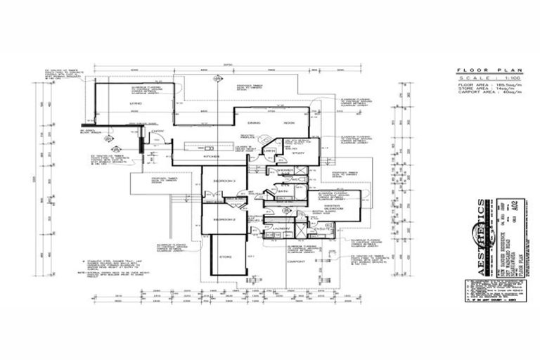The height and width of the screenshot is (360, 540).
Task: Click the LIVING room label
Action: coord(135,104)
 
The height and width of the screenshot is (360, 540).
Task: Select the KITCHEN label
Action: coord(212,156)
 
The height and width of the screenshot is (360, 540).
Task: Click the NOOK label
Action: coord(289,123)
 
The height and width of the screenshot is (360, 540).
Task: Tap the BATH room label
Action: coord(283,191)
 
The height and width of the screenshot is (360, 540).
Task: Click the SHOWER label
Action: coord(285,170)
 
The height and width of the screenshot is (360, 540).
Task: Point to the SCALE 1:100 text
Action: coord(482,77)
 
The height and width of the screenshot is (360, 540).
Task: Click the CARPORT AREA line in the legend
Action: coord(482,92)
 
